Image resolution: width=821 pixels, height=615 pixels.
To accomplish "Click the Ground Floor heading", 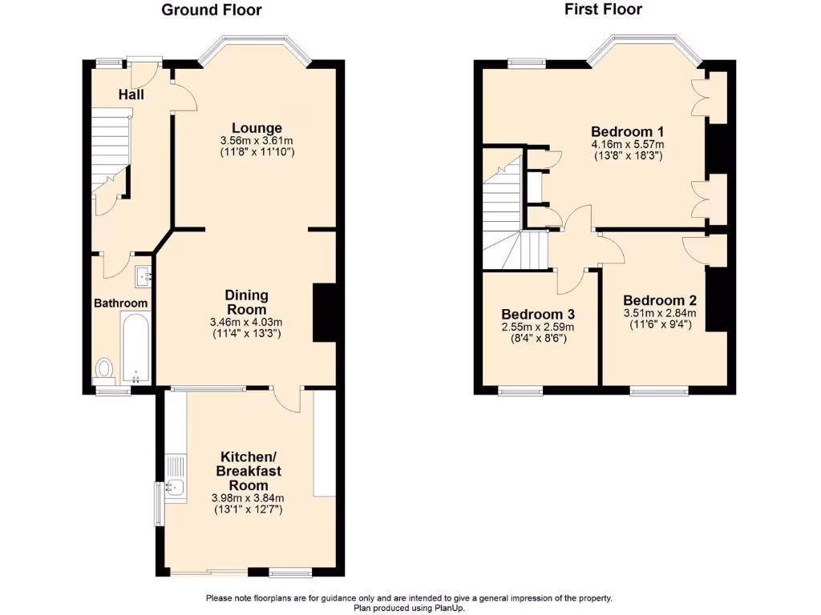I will [x=212, y=10].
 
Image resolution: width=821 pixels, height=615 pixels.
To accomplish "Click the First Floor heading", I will [x=603, y=10].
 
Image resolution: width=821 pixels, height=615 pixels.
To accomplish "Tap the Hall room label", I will [x=131, y=95].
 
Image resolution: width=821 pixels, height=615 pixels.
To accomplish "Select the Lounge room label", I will [x=257, y=128].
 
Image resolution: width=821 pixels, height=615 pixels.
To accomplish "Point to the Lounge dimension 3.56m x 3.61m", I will [x=257, y=141].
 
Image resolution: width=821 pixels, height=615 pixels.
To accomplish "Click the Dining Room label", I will [x=246, y=303].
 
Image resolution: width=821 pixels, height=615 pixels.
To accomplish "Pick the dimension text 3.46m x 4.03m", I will [x=246, y=323].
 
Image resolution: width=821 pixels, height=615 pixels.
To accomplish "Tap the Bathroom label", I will [x=121, y=303].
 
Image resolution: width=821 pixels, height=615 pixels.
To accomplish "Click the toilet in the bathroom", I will [x=104, y=368].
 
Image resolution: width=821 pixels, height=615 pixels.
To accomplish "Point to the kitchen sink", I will [x=174, y=487].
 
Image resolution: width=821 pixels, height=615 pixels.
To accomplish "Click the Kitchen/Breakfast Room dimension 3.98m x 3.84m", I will [x=247, y=498].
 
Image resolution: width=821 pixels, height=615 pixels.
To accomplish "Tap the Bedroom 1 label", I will [x=627, y=132].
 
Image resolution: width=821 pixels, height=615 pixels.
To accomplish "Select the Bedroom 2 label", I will [x=659, y=301].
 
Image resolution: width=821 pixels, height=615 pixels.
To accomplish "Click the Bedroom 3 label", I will [x=537, y=315].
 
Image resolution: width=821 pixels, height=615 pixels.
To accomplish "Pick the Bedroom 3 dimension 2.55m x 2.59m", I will [x=537, y=328].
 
